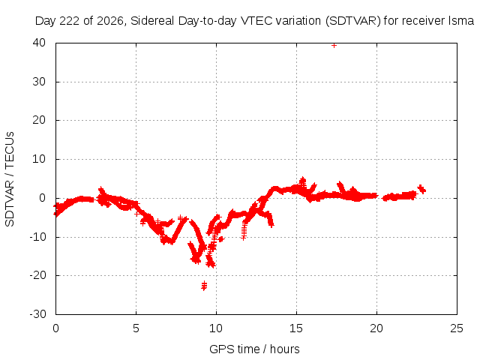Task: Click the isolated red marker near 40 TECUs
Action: click(x=334, y=46)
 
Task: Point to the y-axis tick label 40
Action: click(x=39, y=43)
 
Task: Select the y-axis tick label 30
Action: click(x=39, y=82)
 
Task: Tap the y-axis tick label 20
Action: click(x=39, y=120)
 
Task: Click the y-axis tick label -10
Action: click(x=37, y=237)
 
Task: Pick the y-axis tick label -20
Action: click(x=37, y=275)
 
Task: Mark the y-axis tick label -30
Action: click(x=37, y=314)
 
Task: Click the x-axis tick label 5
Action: click(x=136, y=328)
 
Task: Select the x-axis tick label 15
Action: click(x=296, y=328)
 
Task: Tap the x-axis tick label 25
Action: click(x=457, y=328)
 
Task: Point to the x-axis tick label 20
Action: click(x=376, y=328)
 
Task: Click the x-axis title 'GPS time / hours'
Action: click(x=254, y=349)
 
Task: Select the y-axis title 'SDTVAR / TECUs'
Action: click(x=10, y=179)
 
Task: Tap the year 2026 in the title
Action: click(x=110, y=21)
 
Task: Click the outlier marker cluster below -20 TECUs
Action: click(x=204, y=286)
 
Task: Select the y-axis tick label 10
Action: click(x=39, y=159)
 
